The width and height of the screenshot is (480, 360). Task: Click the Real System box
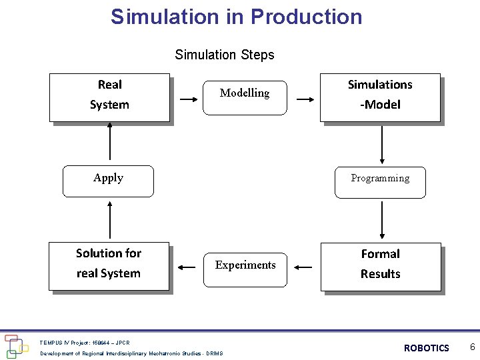click(x=110, y=97)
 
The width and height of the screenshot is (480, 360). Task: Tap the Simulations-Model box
click(x=380, y=97)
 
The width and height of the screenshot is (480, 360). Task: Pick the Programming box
click(x=380, y=182)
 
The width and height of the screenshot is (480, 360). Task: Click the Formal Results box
click(x=381, y=267)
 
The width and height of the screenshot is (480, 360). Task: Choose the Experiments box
click(x=245, y=269)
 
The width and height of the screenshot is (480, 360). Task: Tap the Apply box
click(x=108, y=181)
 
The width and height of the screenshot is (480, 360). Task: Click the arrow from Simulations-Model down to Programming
click(x=382, y=144)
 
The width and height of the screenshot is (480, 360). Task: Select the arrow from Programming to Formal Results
click(x=382, y=221)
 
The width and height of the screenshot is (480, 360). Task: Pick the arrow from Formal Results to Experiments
click(x=303, y=268)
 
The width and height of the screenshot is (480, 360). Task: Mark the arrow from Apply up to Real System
click(x=109, y=143)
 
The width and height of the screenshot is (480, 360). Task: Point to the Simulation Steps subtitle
click(x=225, y=55)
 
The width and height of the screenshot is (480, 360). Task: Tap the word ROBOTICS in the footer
click(x=427, y=348)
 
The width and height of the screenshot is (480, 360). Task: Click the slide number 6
click(x=472, y=347)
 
